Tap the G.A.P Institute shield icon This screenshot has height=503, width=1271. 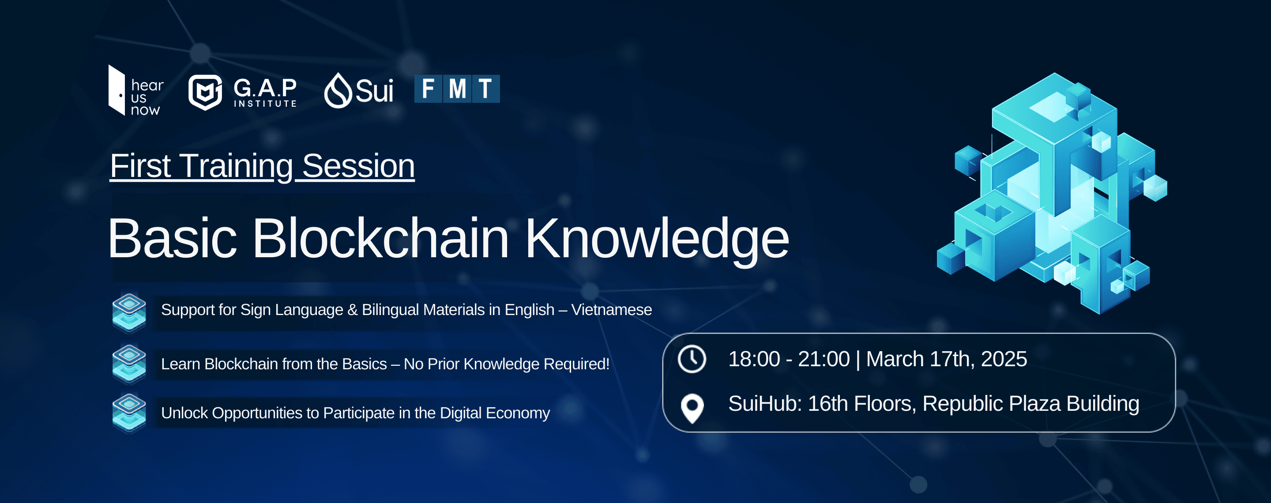[205, 92]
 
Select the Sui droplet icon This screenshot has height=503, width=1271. [338, 90]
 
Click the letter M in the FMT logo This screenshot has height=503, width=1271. [457, 89]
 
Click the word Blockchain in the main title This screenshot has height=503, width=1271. [380, 239]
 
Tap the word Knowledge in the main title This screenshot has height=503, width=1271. [656, 240]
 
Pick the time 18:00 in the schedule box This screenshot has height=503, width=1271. [754, 359]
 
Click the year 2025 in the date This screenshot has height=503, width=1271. [1004, 359]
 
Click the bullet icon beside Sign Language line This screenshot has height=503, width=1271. [129, 312]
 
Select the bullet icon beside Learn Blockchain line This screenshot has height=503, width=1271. [129, 364]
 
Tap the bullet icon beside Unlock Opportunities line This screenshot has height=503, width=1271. [129, 413]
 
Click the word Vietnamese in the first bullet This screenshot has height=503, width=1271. [611, 310]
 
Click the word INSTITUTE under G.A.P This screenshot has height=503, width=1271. [265, 104]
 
